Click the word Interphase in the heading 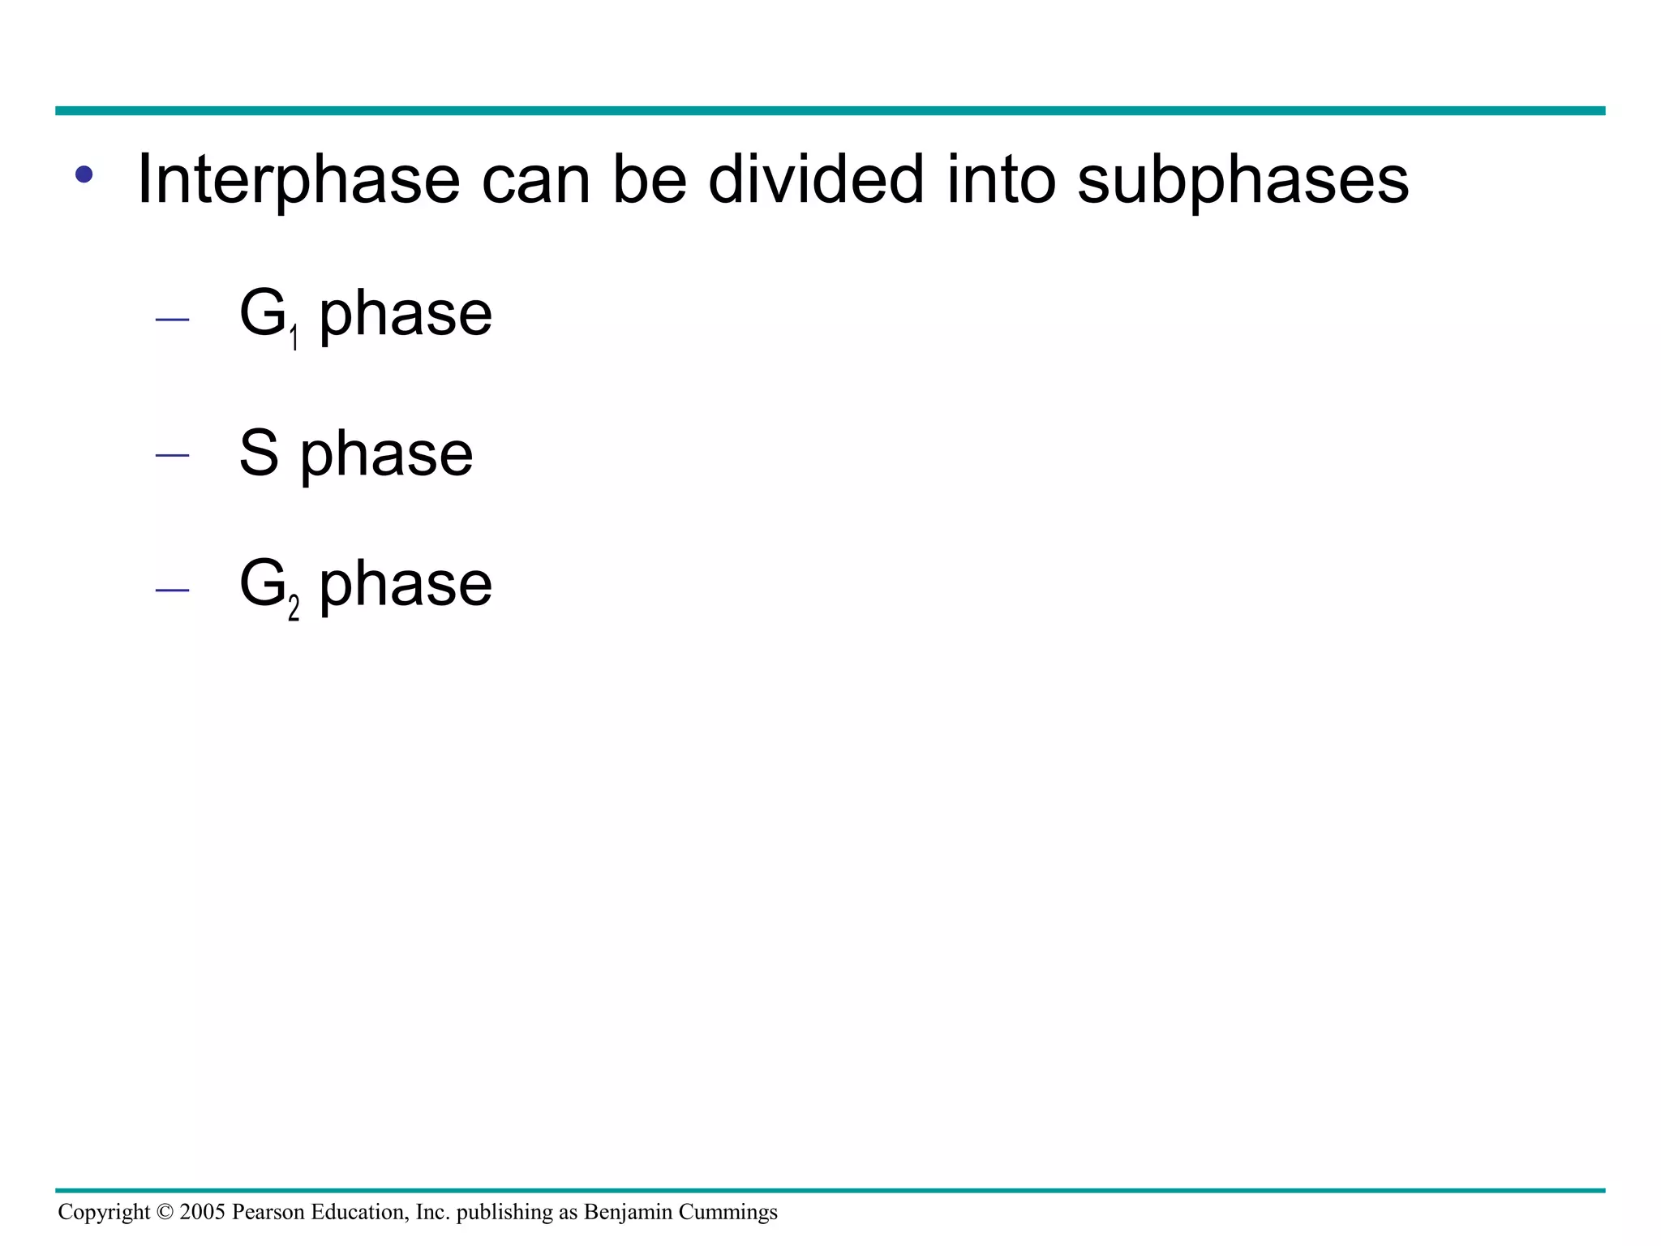click(x=298, y=179)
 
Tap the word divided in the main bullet click(x=816, y=179)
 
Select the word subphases click(x=1243, y=179)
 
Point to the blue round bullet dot click(x=84, y=174)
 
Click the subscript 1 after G click(x=294, y=337)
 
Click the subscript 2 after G click(x=294, y=608)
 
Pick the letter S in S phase click(x=259, y=453)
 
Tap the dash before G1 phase click(x=172, y=320)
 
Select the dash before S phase click(x=172, y=455)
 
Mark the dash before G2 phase click(x=172, y=590)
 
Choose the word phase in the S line click(x=387, y=454)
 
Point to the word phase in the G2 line click(x=406, y=585)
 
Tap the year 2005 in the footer click(x=202, y=1212)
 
